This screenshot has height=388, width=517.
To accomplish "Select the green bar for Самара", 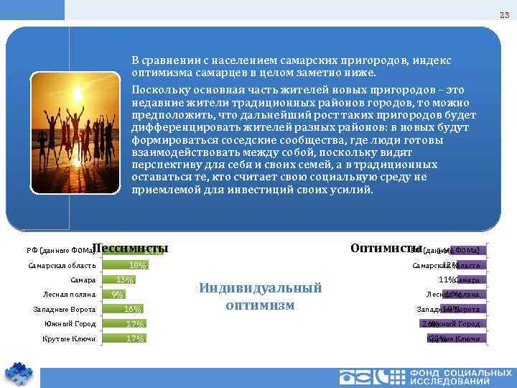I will (118, 280).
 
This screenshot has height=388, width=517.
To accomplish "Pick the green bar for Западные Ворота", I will (123, 309).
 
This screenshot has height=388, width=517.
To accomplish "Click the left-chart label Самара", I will (83, 280).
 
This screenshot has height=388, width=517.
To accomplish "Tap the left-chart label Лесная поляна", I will (70, 295).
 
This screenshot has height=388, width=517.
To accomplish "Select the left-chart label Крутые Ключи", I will (69, 338).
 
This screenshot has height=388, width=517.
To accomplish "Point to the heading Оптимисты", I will (386, 248).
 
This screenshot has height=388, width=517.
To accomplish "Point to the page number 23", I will (503, 16).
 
